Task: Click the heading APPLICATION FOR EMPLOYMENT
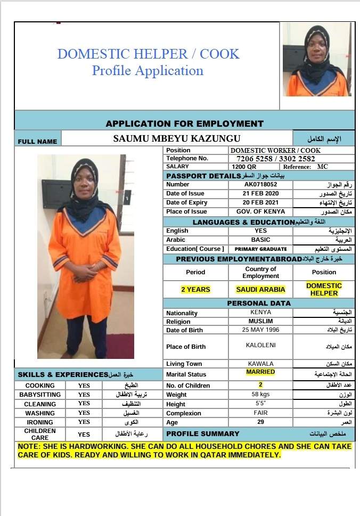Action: pos(184,124)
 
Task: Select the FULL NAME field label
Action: pos(37,142)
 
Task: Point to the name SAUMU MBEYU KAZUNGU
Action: pos(177,138)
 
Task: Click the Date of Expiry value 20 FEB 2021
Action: pos(260,202)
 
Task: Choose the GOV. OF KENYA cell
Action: pos(260,211)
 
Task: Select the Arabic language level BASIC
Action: pos(260,240)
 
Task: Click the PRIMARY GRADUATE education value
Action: pos(260,249)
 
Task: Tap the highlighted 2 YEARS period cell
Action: pos(195,289)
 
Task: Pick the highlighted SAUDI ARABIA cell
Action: pos(260,289)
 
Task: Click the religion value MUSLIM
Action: pos(260,321)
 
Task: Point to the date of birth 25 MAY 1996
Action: pos(260,330)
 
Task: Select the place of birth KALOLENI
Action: pos(260,345)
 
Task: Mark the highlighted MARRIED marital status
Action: pos(260,372)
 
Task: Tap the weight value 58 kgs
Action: pos(260,395)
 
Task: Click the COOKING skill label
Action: pos(40,386)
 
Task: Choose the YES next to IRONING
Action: pos(84,422)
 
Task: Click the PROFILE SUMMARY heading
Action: pos(203,433)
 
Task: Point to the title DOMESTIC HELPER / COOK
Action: pos(148,54)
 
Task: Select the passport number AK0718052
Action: pos(260,184)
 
